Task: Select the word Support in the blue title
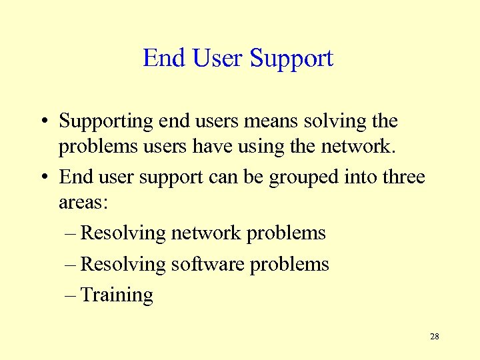point(291,59)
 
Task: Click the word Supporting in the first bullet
point(106,122)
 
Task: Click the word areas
point(81,202)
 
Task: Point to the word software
point(208,264)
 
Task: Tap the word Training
point(117,295)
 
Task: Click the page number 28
point(435,337)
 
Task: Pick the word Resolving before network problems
point(123,233)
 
